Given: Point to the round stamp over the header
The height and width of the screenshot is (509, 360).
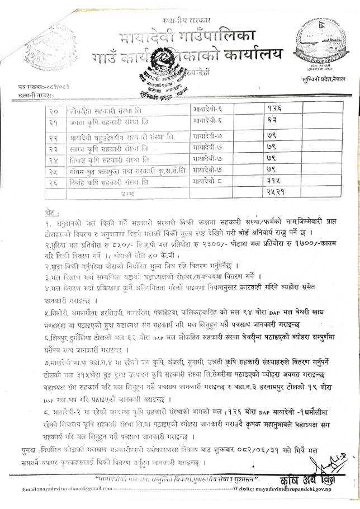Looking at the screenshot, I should click(168, 73).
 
